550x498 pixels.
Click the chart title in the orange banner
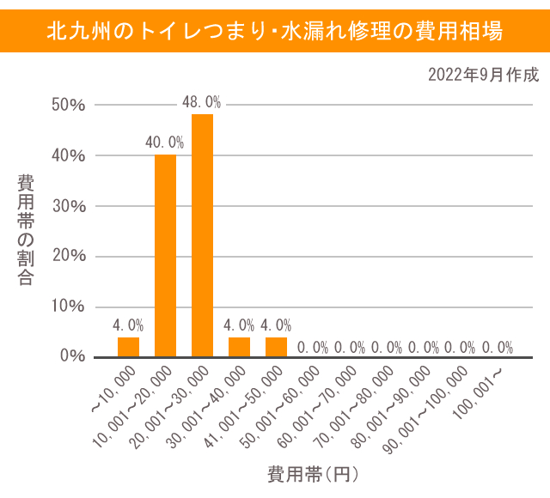pos(275,32)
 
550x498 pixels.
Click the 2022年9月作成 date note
pos(483,76)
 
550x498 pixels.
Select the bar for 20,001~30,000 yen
pos(202,235)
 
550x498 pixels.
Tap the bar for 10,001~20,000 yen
pos(165,256)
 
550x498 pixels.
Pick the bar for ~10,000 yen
pos(128,347)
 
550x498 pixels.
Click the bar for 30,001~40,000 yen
pos(239,347)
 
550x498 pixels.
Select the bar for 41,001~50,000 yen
pos(276,347)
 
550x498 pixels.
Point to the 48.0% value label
pos(202,102)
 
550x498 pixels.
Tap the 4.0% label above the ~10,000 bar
pos(128,325)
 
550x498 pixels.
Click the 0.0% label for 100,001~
pos(498,348)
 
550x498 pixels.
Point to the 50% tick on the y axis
pos(68,106)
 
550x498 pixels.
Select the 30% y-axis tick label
pos(68,206)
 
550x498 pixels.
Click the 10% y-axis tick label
pos(68,307)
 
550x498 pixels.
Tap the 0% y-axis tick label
pos(72,356)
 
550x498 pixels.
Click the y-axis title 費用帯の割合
pos(26,230)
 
